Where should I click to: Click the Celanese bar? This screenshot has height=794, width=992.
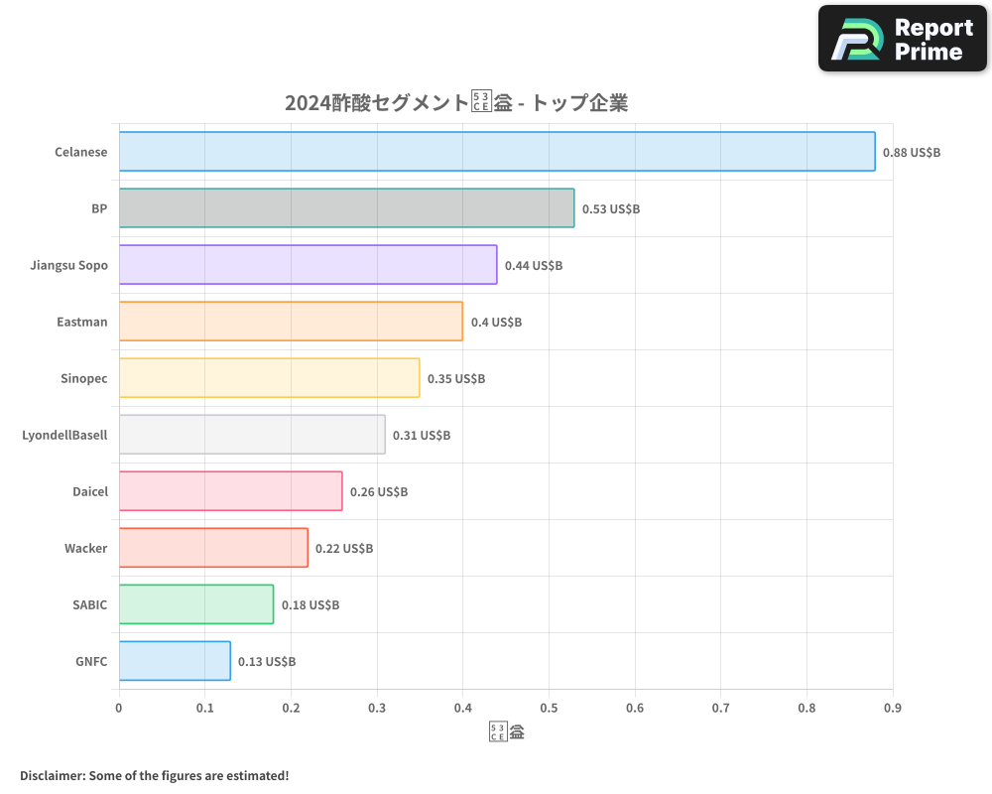pos(496,152)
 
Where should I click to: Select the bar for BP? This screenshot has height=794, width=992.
pos(346,208)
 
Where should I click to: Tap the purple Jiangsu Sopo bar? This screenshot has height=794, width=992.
pos(308,265)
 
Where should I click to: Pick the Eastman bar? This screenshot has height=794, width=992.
pos(291,322)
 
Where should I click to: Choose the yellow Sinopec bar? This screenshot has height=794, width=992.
pos(269,378)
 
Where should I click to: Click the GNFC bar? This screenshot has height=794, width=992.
pos(175,661)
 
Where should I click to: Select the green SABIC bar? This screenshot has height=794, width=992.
pos(196,604)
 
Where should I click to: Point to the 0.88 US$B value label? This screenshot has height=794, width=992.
pos(912,153)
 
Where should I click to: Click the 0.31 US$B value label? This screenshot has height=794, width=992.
pos(422,436)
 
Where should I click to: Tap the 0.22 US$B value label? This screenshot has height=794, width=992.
pos(344,549)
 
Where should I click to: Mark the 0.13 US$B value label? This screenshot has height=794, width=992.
pos(267,662)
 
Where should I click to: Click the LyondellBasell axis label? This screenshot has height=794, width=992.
pos(64,435)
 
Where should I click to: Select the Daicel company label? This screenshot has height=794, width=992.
pos(89,491)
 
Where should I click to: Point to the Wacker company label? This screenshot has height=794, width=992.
pos(85,548)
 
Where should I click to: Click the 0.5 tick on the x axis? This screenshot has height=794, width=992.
pos(549,709)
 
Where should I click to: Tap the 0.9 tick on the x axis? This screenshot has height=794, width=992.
pos(893,709)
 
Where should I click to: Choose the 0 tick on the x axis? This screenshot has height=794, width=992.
pos(119,709)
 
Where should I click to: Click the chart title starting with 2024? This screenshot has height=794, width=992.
pos(456,103)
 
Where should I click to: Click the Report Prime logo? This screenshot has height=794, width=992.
pos(902,39)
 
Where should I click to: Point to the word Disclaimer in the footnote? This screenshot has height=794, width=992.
pos(52,775)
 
